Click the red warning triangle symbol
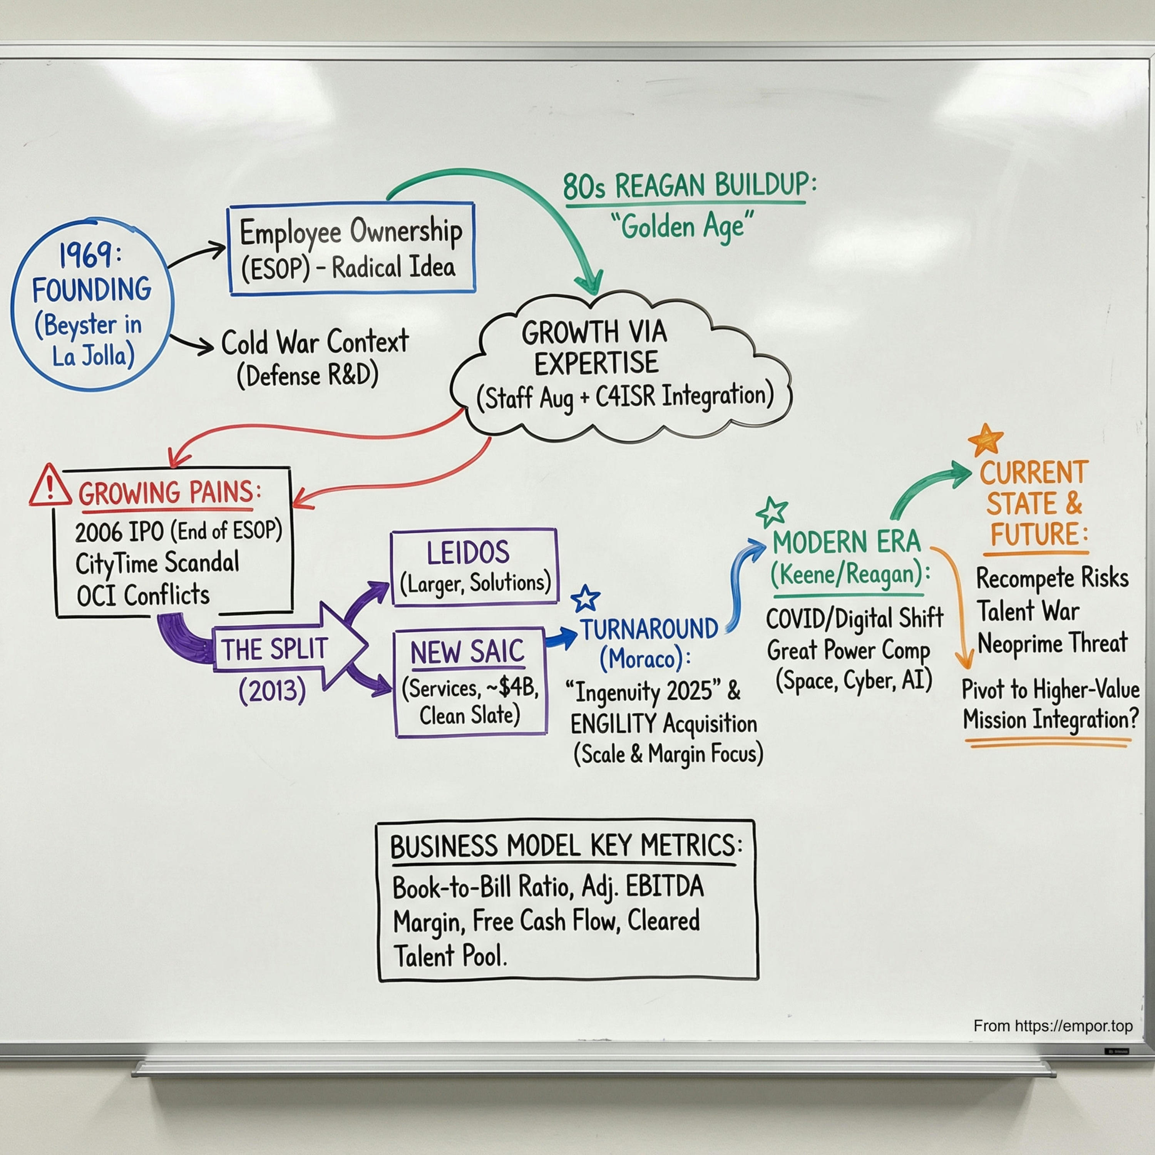pos(50,486)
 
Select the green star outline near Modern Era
pos(772,512)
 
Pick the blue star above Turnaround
pos(585,598)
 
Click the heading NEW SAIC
pos(467,651)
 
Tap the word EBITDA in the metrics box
pos(665,887)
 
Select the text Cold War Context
pos(315,342)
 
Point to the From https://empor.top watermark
pos(1053,1026)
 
